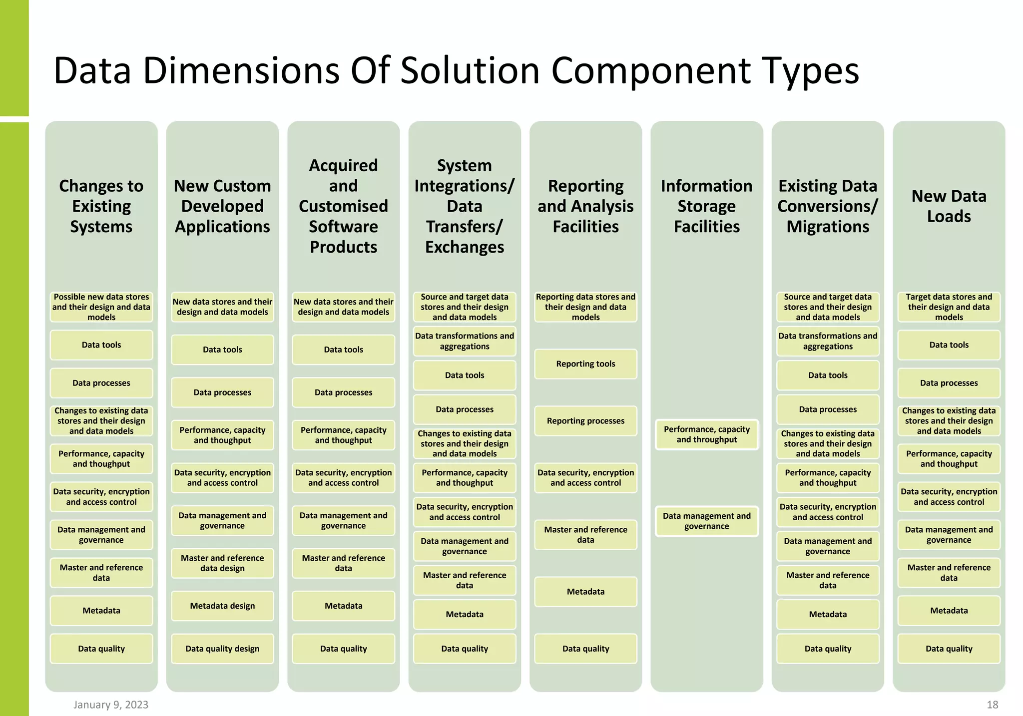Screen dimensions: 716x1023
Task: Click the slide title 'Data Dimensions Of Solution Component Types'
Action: click(x=456, y=71)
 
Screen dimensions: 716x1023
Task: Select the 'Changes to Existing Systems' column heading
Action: click(x=101, y=206)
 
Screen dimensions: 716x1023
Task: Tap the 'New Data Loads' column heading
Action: click(x=949, y=206)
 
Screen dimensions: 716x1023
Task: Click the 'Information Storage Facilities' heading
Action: click(x=706, y=206)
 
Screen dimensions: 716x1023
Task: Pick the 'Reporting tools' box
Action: click(x=585, y=364)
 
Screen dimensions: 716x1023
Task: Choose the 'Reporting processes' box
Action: click(x=585, y=421)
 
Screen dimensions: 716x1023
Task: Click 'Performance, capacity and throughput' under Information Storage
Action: click(x=706, y=434)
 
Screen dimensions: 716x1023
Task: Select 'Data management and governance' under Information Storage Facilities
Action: click(x=706, y=521)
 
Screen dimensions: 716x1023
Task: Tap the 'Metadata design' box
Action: click(x=222, y=606)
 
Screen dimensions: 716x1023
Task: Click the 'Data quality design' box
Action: click(x=222, y=649)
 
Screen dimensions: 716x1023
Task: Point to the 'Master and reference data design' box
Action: click(x=222, y=563)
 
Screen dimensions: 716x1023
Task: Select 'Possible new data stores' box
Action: click(x=101, y=307)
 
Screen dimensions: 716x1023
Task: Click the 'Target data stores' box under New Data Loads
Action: click(x=949, y=307)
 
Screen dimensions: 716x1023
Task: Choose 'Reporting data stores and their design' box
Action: click(x=585, y=307)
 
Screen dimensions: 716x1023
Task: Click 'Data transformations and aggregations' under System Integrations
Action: click(x=465, y=341)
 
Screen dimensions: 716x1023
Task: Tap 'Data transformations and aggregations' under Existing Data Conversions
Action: click(x=828, y=341)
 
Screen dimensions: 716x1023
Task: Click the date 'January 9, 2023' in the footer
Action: click(x=111, y=705)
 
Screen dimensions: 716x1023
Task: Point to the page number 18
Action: click(x=992, y=705)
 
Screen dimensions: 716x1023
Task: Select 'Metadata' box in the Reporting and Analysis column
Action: click(x=585, y=592)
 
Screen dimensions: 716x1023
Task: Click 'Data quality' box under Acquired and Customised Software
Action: click(x=344, y=649)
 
